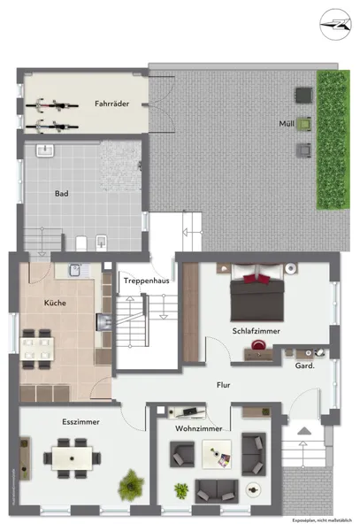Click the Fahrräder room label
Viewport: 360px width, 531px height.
pos(112,104)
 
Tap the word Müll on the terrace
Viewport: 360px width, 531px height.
pos(286,123)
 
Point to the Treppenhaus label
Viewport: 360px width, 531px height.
pos(147,280)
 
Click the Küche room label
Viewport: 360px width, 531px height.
pos(55,303)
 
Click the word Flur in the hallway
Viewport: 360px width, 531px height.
pos(223,385)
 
